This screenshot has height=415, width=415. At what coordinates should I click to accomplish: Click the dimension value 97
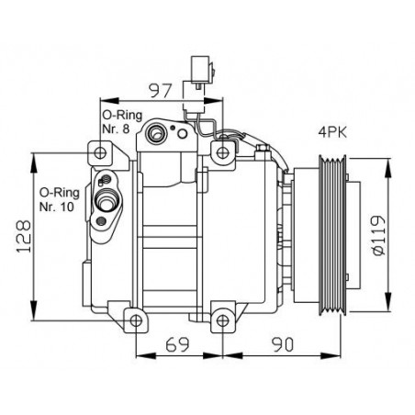[x=159, y=90]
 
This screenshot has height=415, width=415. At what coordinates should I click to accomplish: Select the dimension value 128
[x=24, y=236]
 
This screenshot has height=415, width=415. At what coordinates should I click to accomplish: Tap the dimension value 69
[x=177, y=344]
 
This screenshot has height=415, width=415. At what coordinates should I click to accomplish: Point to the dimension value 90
[x=282, y=344]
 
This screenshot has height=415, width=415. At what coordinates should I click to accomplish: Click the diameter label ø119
[x=378, y=235]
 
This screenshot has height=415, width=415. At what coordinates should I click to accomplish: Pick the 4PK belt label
[x=332, y=132]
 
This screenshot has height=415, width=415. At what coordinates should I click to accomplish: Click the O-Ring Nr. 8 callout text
[x=122, y=122]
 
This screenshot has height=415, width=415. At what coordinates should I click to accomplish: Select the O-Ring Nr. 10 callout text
[x=60, y=200]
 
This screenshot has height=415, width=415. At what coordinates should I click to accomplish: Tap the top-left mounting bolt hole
[x=100, y=152]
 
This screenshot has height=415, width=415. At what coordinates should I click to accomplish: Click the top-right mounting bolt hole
[x=223, y=152]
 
